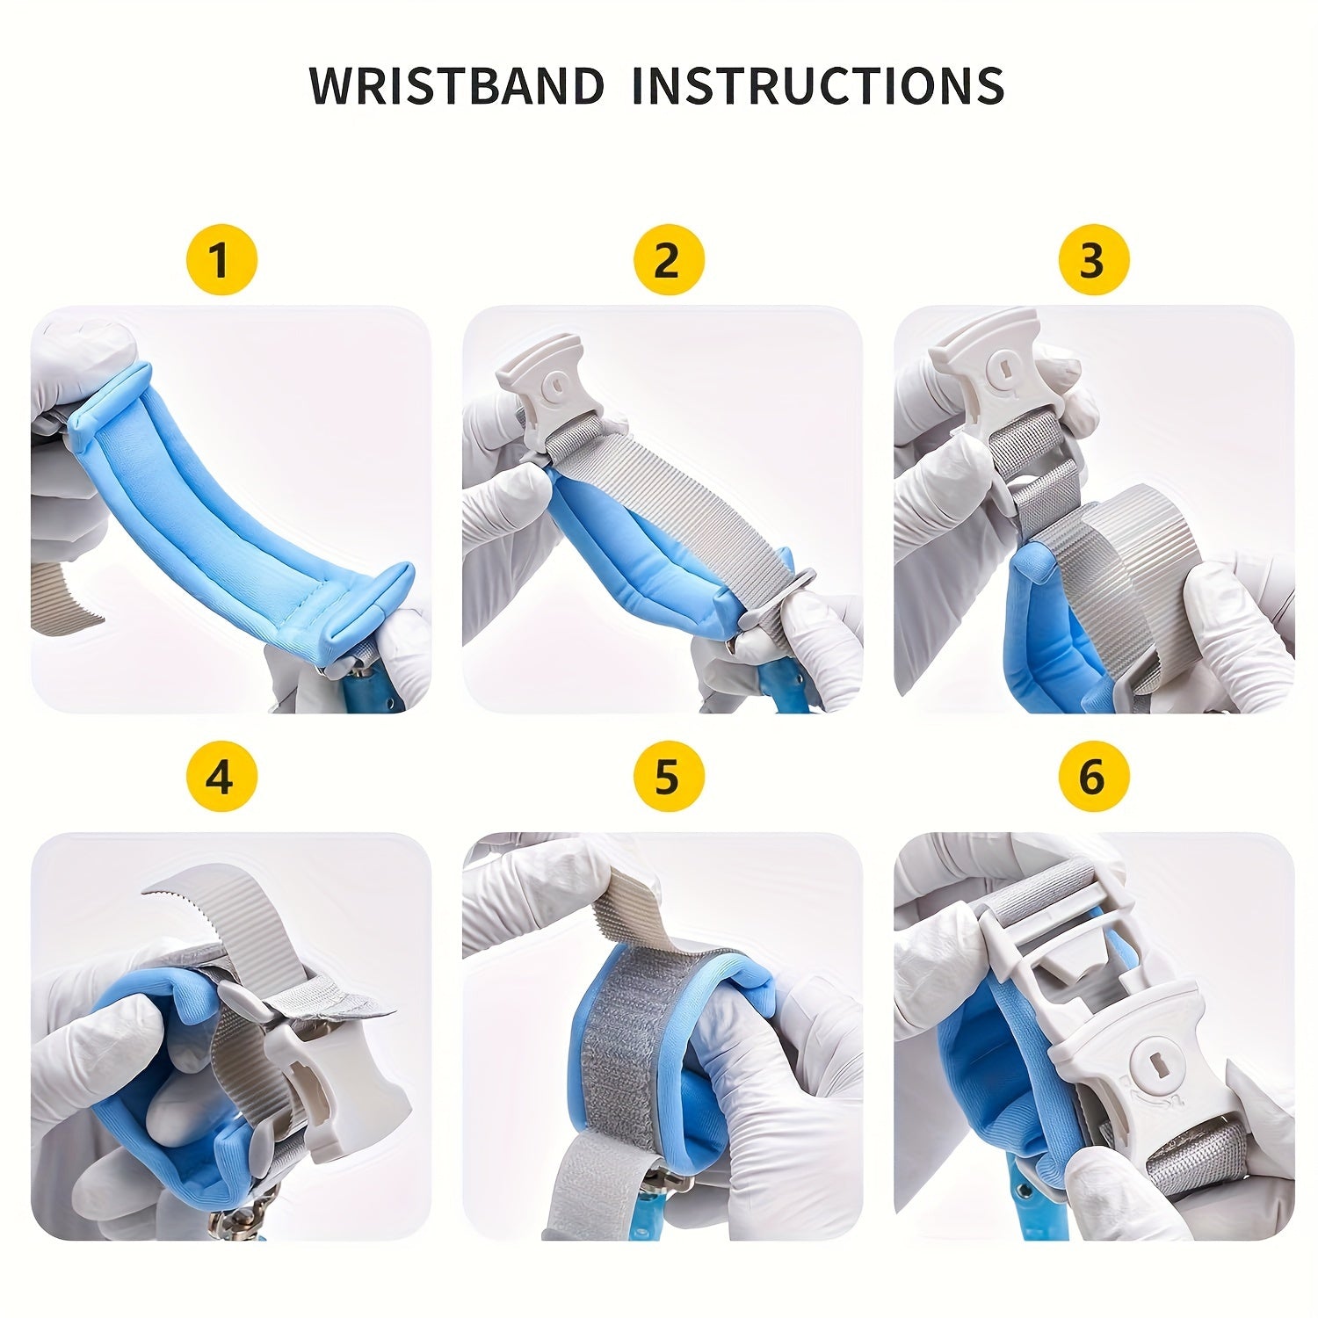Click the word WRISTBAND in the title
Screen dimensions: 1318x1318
[x=457, y=85]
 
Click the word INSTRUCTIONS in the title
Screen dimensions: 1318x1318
[x=817, y=85]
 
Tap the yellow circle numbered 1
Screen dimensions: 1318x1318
[x=221, y=260]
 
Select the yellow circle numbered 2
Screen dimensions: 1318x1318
[x=668, y=260]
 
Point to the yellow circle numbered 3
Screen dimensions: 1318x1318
[x=1092, y=260]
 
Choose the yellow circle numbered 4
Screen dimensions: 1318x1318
[x=221, y=777]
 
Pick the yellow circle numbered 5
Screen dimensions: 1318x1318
[x=668, y=777]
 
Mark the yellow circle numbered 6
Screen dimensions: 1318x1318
[x=1092, y=777]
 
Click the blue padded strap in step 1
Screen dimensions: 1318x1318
[x=228, y=501]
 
